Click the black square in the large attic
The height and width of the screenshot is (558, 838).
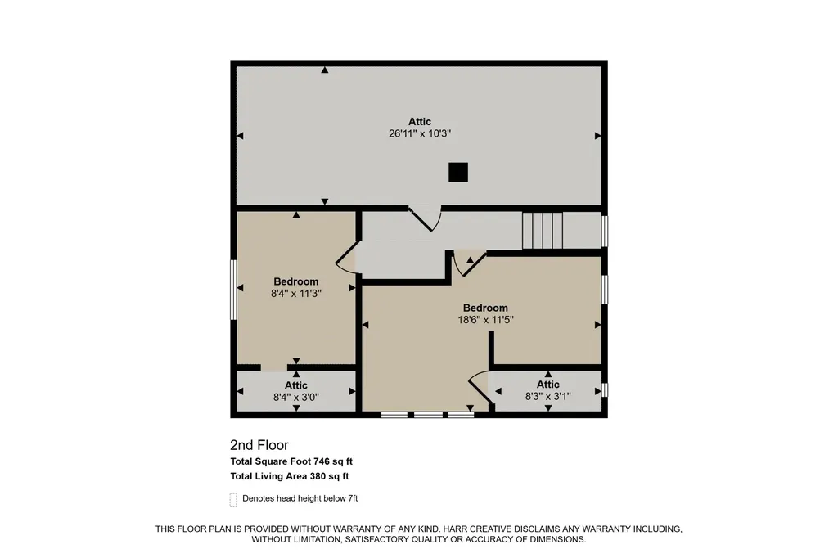458,173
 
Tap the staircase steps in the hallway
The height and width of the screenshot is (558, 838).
543,231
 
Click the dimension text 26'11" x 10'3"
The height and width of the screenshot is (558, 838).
420,133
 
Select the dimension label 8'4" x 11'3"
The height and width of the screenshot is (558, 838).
296,294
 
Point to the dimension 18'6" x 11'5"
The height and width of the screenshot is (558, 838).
485,320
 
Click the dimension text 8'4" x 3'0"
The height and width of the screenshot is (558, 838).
296,397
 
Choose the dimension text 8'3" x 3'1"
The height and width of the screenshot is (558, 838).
547,397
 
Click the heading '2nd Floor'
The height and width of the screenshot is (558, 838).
259,445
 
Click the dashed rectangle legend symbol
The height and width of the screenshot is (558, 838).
233,500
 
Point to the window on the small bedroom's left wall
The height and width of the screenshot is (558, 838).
233,290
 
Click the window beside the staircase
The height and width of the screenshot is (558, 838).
605,231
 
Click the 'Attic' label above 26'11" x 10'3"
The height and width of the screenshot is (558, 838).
420,122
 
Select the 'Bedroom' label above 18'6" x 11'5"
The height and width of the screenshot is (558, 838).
485,308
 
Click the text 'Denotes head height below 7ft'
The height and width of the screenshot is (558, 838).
300,498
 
